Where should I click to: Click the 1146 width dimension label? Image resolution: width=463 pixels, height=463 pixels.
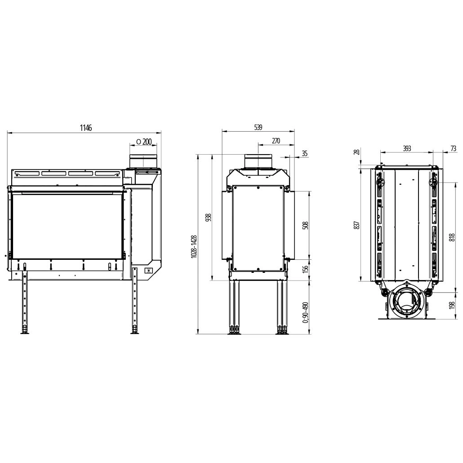coord(85,128)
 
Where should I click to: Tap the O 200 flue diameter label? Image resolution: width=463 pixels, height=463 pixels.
coord(144,142)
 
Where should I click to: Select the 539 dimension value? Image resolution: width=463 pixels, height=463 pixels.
coord(258,127)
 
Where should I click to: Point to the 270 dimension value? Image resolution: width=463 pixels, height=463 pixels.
coord(276,141)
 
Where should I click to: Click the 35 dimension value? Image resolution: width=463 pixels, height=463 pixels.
coord(305,153)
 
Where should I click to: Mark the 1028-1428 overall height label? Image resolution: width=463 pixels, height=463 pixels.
coord(194,247)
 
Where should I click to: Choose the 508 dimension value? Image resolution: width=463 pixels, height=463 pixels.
coord(306,225)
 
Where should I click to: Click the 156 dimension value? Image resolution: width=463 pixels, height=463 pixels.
coord(306,269)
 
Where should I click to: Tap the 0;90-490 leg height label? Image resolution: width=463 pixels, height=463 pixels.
coord(306,312)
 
